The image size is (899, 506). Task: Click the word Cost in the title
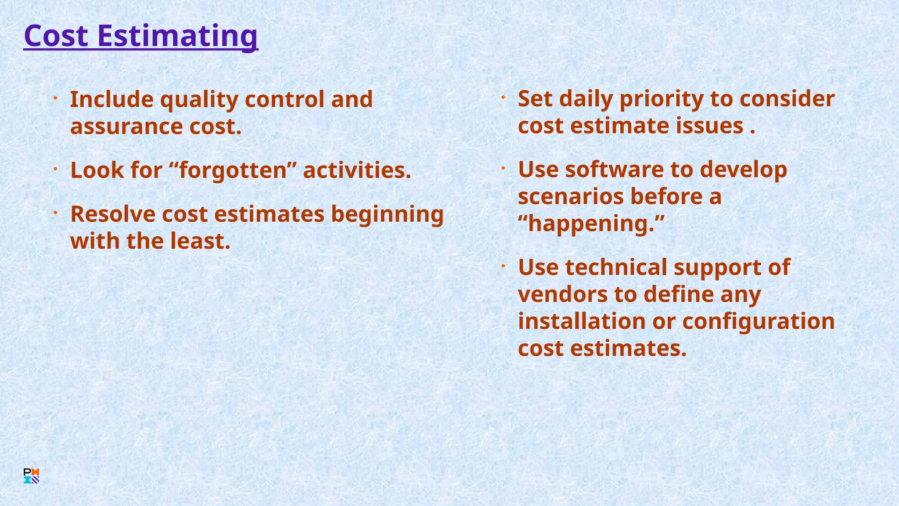[56, 36]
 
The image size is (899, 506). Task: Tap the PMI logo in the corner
[31, 476]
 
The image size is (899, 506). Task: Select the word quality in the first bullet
[199, 100]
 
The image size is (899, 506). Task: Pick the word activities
[356, 170]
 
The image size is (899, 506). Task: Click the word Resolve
[113, 214]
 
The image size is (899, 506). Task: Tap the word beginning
[387, 214]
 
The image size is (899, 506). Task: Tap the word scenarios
[571, 196]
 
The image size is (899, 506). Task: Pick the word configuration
[759, 321]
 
